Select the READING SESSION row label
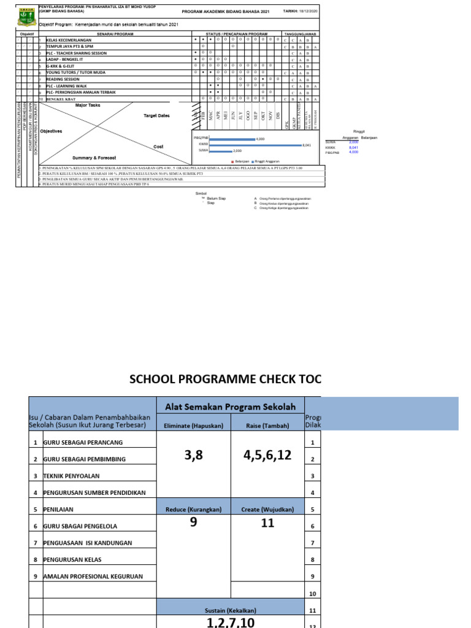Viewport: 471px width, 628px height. tap(64, 79)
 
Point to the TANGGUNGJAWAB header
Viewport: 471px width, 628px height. tap(299, 34)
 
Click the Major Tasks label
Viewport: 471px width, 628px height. tap(87, 105)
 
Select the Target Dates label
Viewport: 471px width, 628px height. tap(156, 115)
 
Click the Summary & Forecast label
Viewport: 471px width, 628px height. tap(94, 158)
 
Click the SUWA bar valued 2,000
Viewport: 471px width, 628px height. tap(221, 150)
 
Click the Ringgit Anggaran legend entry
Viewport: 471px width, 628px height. tap(263, 161)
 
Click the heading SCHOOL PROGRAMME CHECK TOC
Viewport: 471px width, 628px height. tap(224, 378)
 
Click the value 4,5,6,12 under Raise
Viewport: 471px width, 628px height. tap(267, 456)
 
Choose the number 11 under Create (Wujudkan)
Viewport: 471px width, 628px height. tap(267, 524)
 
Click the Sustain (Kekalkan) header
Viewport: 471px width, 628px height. tap(231, 611)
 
